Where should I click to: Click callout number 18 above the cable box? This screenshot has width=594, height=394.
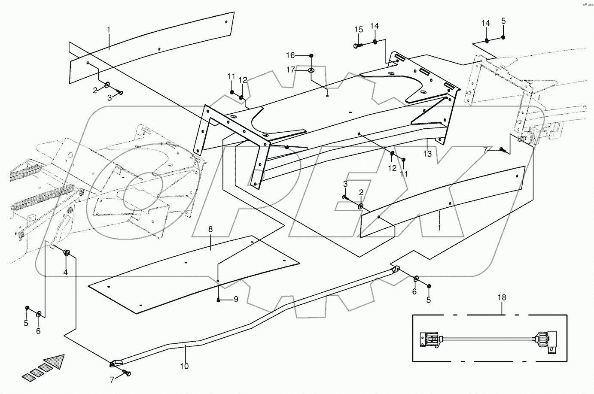502,297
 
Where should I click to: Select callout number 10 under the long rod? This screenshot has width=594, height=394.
184,366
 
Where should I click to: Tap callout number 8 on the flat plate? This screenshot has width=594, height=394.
210,230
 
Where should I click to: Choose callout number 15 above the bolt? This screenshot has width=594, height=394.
359,29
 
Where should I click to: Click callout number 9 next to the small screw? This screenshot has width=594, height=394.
236,300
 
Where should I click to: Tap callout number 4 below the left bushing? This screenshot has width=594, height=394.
66,272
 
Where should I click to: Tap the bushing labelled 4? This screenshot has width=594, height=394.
67,252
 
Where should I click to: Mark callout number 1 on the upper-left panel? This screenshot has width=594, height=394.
109,30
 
